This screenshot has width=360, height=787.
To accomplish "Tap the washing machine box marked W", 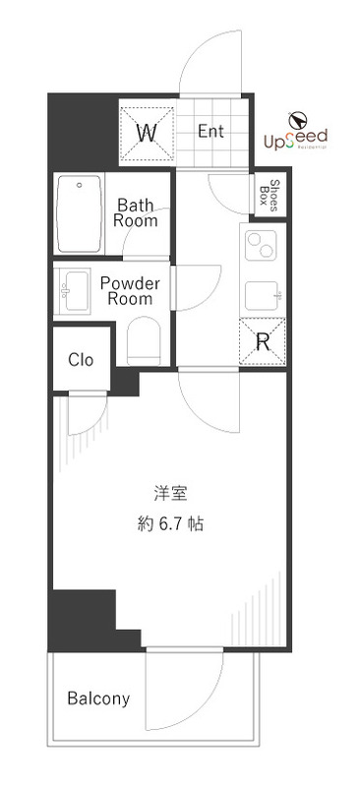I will (x=147, y=132).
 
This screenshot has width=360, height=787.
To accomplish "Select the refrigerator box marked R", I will (x=263, y=342).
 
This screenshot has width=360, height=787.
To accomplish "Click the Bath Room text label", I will (x=136, y=212).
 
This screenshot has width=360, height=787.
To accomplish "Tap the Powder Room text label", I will (x=129, y=290).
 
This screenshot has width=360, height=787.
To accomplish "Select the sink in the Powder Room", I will (x=74, y=289).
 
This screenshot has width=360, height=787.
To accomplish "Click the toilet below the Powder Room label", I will (x=144, y=340).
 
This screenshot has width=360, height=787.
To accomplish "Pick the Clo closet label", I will (x=81, y=360).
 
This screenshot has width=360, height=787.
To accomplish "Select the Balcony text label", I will (x=98, y=699).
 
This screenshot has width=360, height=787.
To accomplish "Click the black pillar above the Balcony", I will (x=82, y=616).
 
